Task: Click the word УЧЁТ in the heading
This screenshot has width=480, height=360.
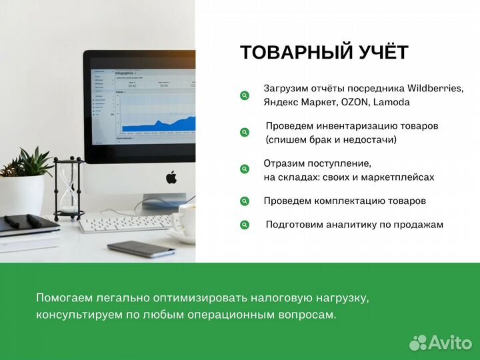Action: [x=385, y=53]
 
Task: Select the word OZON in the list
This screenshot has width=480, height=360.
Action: [x=355, y=102]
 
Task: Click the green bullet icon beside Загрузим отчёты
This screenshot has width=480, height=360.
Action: [x=245, y=95]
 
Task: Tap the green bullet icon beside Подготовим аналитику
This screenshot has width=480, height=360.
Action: [x=245, y=225]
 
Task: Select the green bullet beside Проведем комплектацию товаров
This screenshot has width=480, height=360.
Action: [x=245, y=201]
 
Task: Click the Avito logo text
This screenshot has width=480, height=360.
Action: [x=449, y=342]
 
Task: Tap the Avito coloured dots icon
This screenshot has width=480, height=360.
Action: [x=418, y=342]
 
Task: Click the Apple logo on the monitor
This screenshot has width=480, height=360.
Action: [x=171, y=177]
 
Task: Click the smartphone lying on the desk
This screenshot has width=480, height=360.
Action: [x=141, y=249]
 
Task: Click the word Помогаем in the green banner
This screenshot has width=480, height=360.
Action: [x=65, y=297]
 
